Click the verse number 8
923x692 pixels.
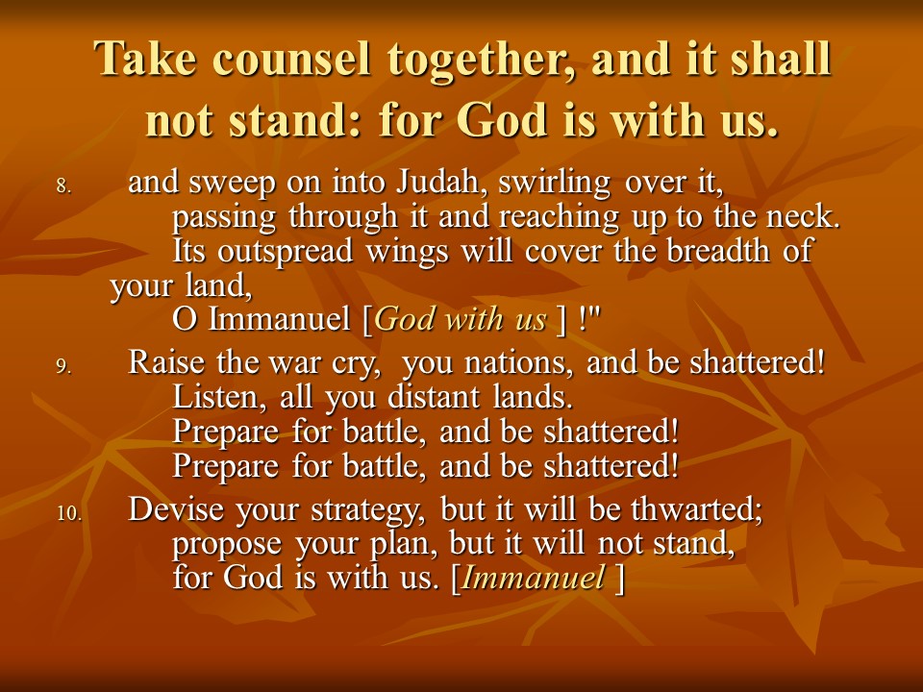coord(63,186)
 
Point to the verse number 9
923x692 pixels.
coord(63,366)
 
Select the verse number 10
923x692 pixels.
coord(69,513)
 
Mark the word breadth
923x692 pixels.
coord(717,251)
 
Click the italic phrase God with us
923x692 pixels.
coord(461,319)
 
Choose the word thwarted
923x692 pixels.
coord(697,509)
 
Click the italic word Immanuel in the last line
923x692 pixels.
coord(533,578)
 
